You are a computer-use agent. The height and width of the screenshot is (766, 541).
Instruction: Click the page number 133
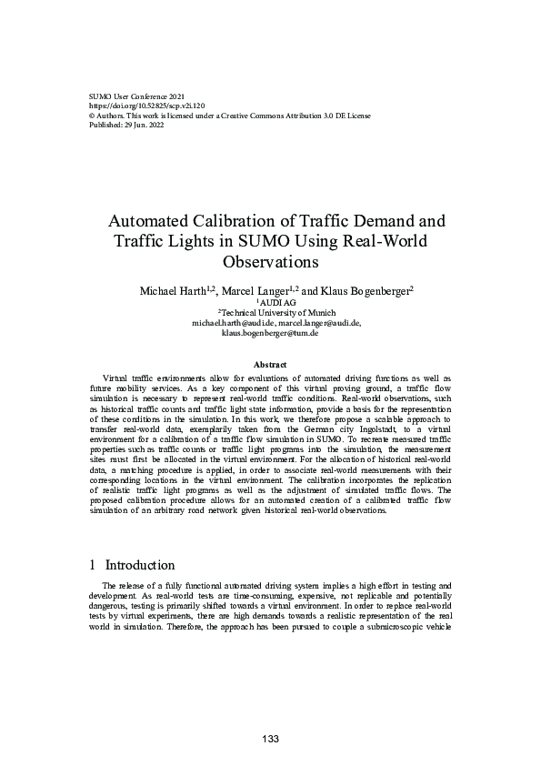point(270,738)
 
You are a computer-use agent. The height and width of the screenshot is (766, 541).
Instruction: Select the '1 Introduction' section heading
point(128,565)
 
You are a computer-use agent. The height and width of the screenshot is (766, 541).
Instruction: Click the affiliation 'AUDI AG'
point(272,301)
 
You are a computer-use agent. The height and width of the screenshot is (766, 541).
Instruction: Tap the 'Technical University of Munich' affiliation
point(270,312)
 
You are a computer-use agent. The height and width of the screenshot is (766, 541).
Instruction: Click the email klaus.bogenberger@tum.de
point(270,333)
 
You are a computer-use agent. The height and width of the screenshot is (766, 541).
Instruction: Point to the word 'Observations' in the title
point(270,262)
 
